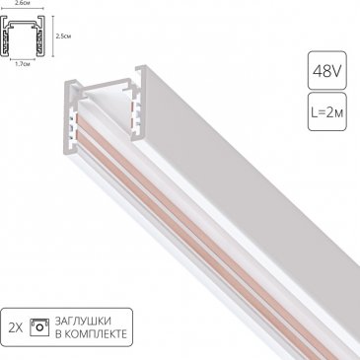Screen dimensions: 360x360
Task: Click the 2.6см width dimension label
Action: click(22, 2)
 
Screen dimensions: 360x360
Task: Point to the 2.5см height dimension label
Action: click(63, 36)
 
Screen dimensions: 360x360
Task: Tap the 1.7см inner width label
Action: click(23, 64)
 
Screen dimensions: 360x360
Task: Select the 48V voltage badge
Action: click(327, 70)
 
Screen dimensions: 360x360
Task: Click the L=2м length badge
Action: click(327, 111)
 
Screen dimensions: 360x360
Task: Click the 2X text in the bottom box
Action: click(16, 327)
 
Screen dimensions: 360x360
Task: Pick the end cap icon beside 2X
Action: click(39, 327)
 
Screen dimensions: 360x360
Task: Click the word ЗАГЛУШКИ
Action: click(84, 321)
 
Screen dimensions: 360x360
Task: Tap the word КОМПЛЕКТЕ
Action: click(96, 334)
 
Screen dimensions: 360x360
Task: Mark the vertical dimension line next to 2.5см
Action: click(53, 36)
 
